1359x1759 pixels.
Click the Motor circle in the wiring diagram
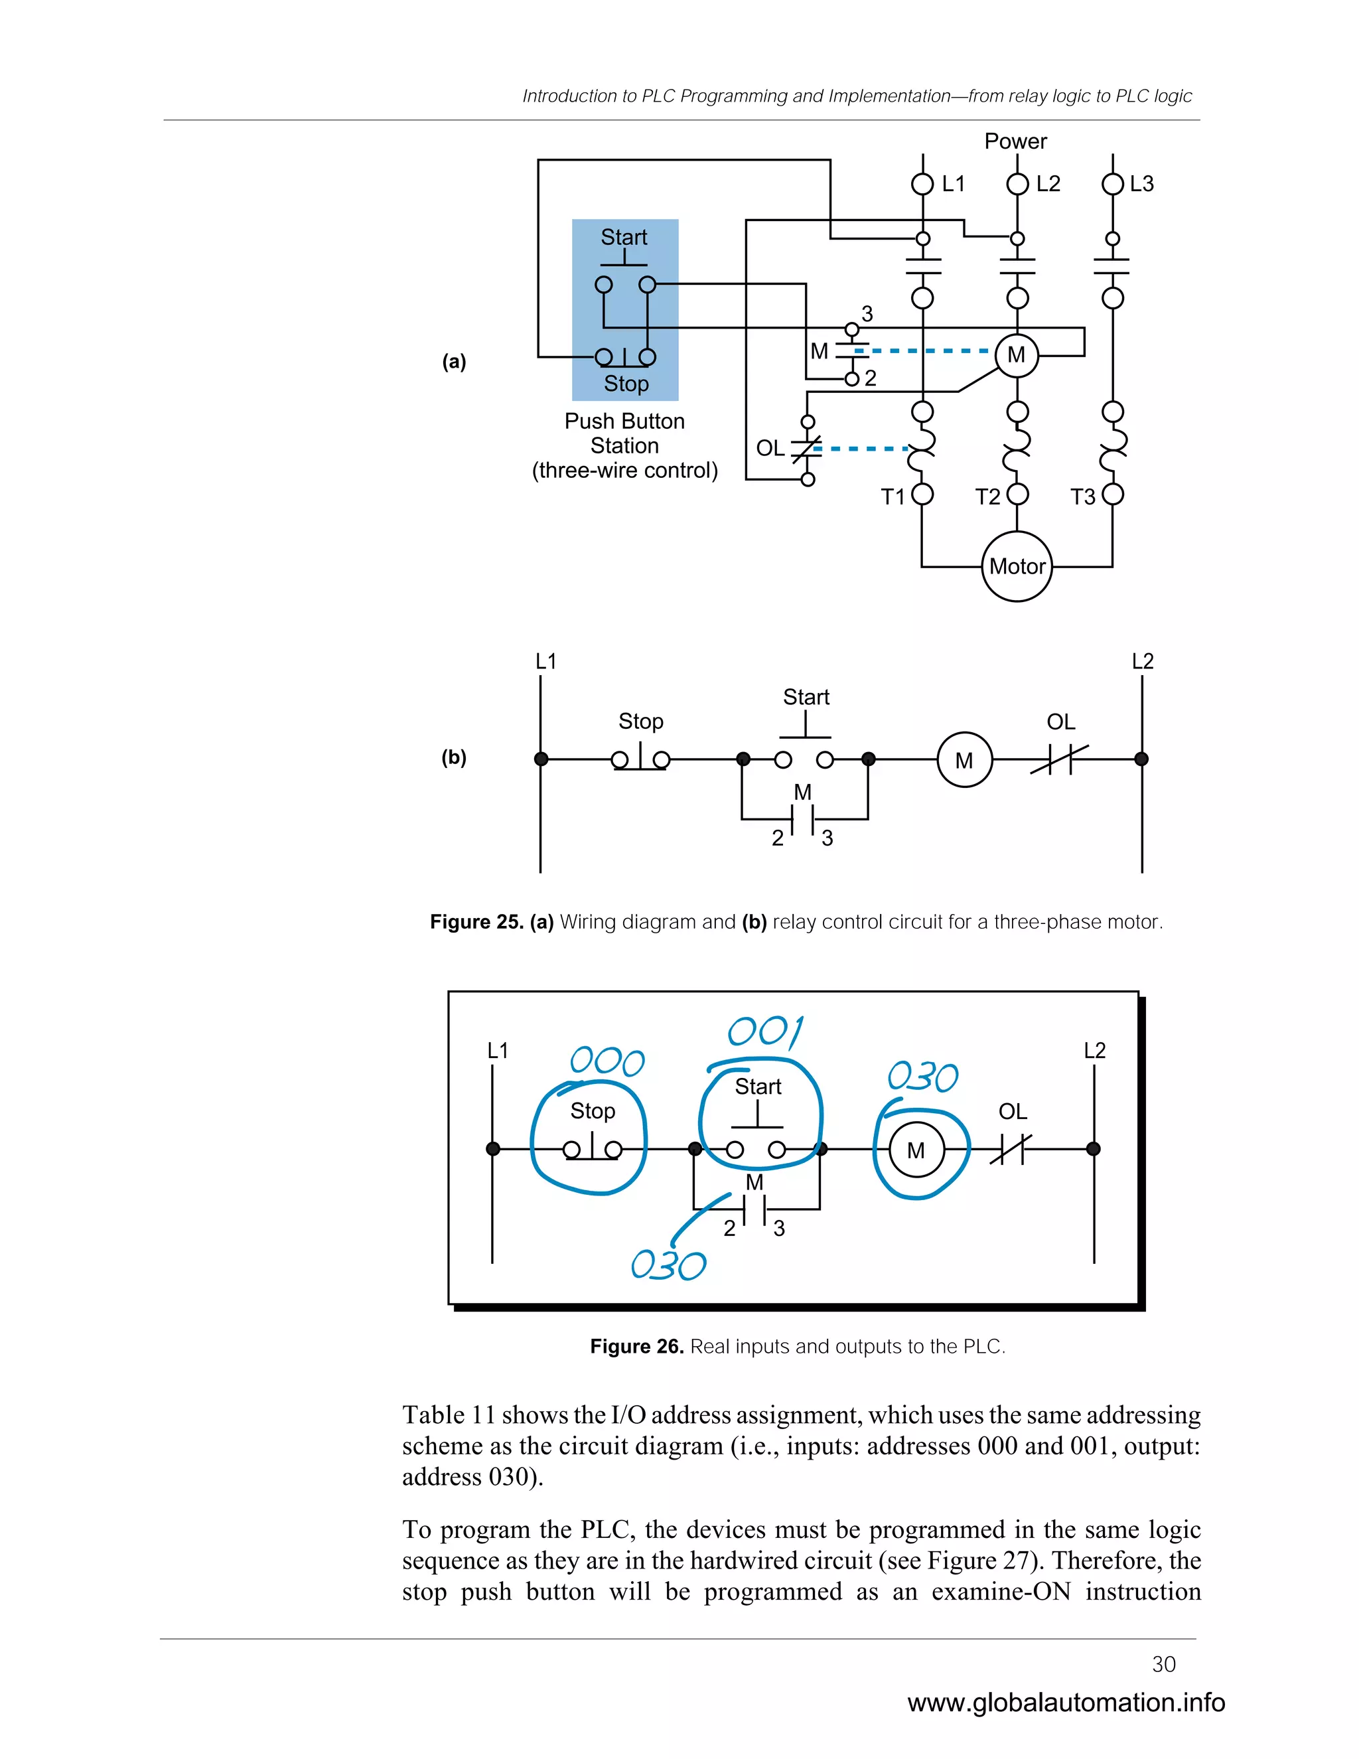1017,566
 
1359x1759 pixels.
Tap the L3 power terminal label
1141,184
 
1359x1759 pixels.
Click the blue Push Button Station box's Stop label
626,384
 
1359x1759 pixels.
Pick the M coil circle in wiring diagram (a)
1016,354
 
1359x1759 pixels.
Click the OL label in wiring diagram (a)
770,448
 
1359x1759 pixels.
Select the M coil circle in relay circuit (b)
964,759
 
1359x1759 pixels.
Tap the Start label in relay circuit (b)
806,697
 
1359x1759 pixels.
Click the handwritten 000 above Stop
607,1061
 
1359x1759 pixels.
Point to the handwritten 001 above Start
765,1032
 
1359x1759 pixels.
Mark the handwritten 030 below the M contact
668,1265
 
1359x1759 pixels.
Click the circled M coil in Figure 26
916,1150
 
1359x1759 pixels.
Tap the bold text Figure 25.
476,921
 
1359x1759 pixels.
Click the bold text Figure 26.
636,1346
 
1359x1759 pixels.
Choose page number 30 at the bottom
1163,1664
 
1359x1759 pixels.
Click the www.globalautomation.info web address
1066,1702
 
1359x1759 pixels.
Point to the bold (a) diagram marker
454,362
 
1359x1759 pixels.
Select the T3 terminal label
1082,497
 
